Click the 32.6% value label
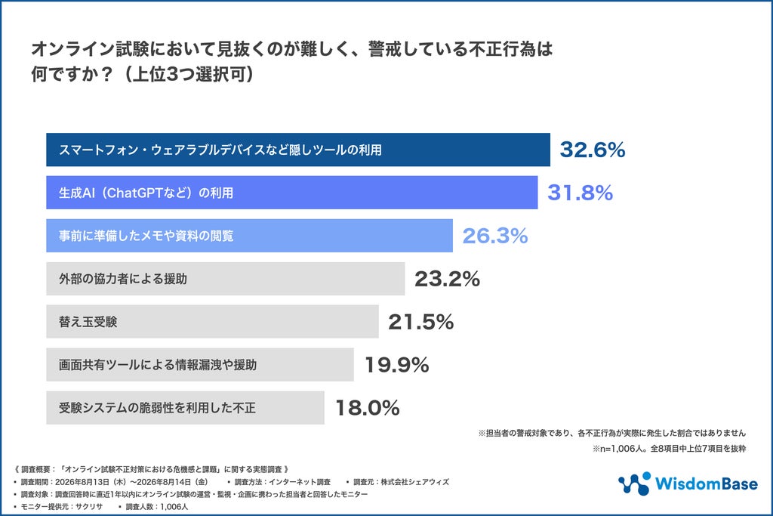coord(592,150)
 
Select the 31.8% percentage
coord(581,193)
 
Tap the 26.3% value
coord(495,236)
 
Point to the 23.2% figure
coord(447,279)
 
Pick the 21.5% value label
coord(421,322)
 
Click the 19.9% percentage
coord(397,365)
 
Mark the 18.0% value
coord(368,408)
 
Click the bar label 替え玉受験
coord(88,322)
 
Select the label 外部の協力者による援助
coord(123,279)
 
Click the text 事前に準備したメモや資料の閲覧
coord(146,236)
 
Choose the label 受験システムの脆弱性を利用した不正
coord(157,408)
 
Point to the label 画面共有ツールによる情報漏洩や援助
coord(158,365)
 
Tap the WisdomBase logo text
coord(706,484)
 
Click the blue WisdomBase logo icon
coord(634,484)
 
